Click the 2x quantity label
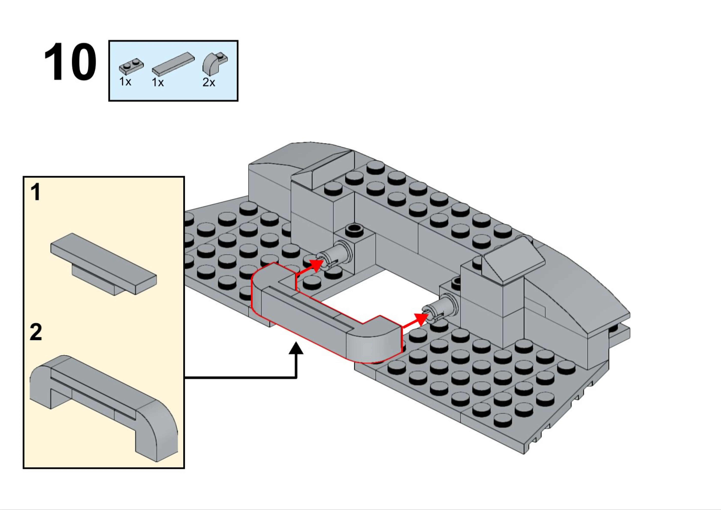209,83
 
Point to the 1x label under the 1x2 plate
125,82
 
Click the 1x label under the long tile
158,83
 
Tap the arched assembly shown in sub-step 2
104,408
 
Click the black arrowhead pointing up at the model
296,348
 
